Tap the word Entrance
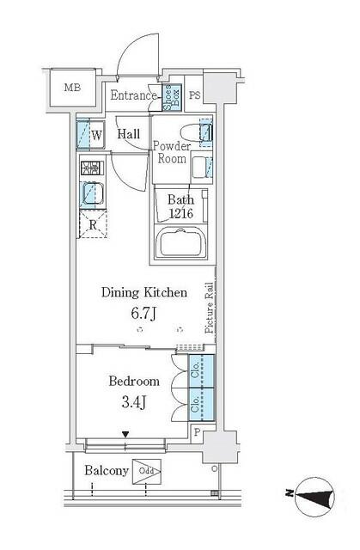[133, 95]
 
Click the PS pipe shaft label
[194, 95]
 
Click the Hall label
[130, 134]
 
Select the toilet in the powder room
[204, 133]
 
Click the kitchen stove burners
[90, 168]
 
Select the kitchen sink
[91, 195]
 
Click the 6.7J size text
[142, 314]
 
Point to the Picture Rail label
[209, 309]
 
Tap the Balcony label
[107, 471]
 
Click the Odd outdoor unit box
[147, 472]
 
